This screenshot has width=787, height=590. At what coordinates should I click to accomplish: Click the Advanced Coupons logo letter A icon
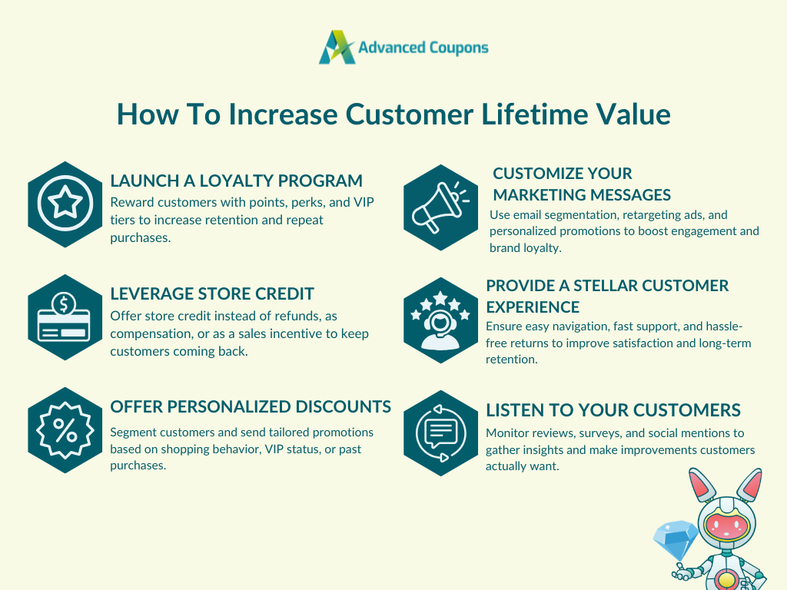click(x=337, y=47)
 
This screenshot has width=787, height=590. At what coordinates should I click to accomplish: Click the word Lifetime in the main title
click(x=534, y=114)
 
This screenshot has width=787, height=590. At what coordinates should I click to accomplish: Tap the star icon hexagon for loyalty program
click(x=65, y=204)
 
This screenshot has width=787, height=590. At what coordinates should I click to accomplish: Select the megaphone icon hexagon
click(x=440, y=207)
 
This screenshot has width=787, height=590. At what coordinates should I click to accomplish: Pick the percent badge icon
click(x=65, y=430)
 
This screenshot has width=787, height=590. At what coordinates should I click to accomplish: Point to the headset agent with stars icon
click(x=440, y=320)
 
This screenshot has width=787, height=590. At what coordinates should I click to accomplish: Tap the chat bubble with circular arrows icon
click(x=440, y=433)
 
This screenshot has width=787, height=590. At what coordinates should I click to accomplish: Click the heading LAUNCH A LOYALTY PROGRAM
click(x=237, y=181)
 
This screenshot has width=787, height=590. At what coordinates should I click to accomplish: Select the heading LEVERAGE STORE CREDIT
click(x=212, y=293)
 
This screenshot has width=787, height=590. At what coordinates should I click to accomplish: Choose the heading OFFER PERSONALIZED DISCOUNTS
click(x=251, y=406)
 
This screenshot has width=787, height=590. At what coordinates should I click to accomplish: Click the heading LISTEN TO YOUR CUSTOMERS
click(x=613, y=410)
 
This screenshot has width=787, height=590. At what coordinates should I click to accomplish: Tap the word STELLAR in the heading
click(x=607, y=286)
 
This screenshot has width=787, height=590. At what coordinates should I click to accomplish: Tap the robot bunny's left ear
click(x=702, y=484)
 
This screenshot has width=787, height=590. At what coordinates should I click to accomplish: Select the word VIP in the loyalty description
click(x=364, y=202)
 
